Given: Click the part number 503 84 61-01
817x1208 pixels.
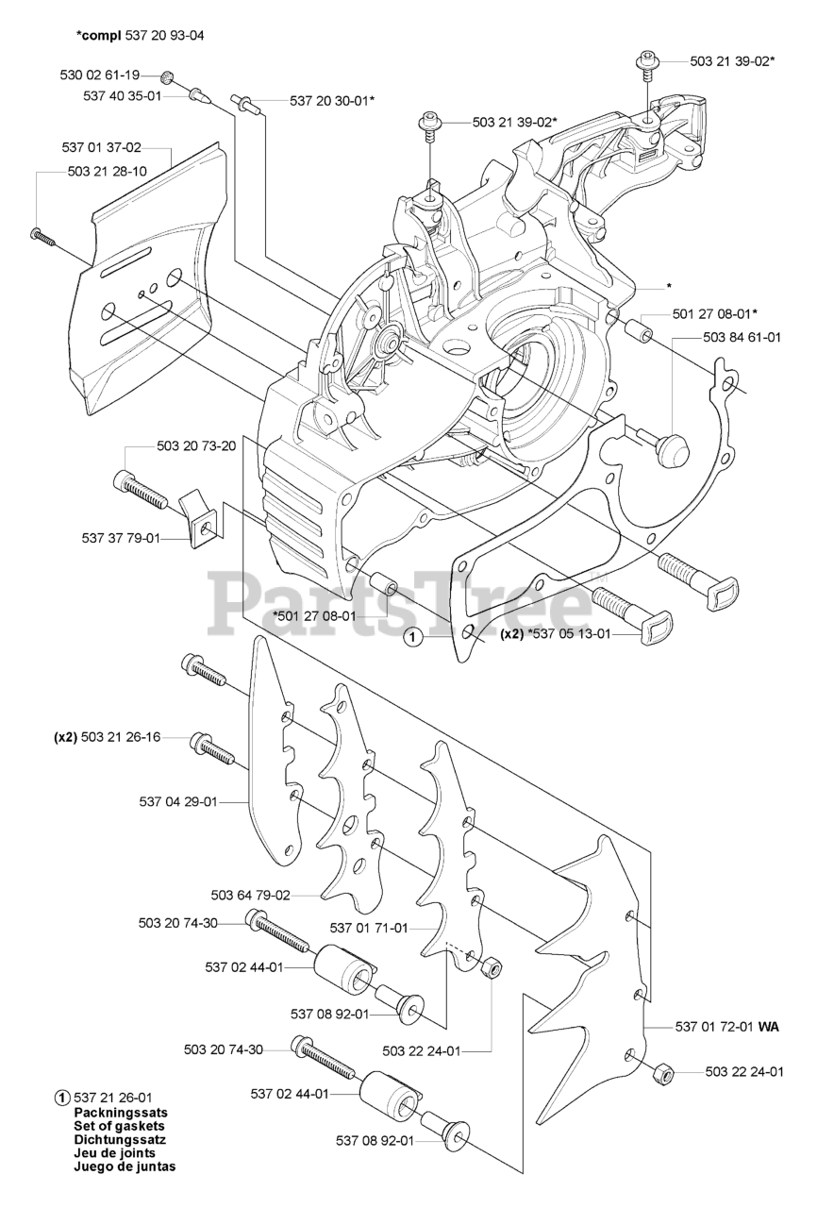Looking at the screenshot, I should point(741,338).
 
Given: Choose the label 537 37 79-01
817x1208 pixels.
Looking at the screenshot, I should point(121,538).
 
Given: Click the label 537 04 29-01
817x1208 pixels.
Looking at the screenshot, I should point(178,802).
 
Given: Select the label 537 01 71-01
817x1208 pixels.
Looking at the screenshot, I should point(369,928).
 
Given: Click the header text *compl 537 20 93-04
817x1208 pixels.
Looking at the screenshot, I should point(140,35).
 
